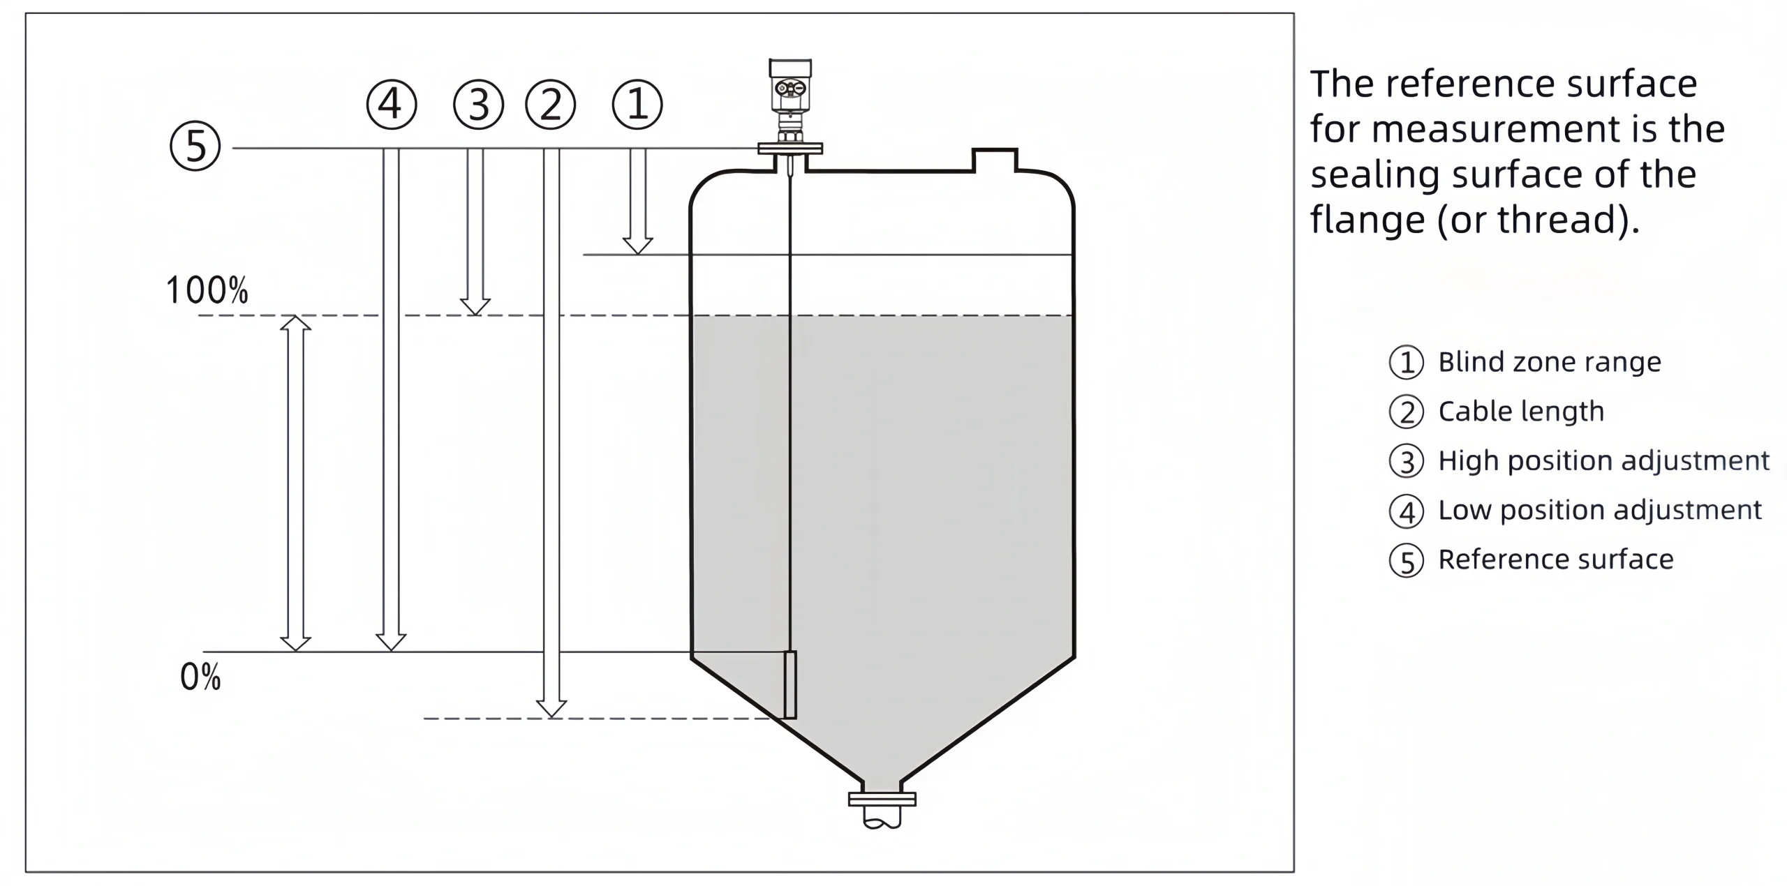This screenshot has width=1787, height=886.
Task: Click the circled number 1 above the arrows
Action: point(637,105)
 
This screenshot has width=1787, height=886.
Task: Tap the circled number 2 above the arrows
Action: point(550,105)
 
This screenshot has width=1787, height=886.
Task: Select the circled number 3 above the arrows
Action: point(478,105)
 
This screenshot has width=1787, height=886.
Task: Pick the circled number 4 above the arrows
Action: point(392,105)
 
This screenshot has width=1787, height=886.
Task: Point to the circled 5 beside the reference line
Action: point(195,147)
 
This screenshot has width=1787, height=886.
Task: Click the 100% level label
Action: point(207,290)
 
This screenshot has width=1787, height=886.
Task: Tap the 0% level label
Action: point(200,677)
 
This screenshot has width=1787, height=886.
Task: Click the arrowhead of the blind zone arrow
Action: point(637,246)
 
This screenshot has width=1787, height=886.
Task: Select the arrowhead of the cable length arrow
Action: point(551,709)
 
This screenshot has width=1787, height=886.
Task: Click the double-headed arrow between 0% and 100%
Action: point(295,483)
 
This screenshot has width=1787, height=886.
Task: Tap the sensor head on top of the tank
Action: point(790,87)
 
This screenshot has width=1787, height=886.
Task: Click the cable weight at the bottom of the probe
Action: point(790,684)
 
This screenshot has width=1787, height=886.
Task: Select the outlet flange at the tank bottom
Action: point(882,799)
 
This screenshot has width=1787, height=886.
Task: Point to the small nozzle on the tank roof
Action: point(995,160)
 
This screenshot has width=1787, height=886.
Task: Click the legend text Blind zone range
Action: point(1549,362)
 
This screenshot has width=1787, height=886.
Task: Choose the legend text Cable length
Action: point(1520,412)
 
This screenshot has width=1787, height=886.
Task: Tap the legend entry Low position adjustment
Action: point(1599,510)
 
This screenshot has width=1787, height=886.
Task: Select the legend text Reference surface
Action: point(1555,560)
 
